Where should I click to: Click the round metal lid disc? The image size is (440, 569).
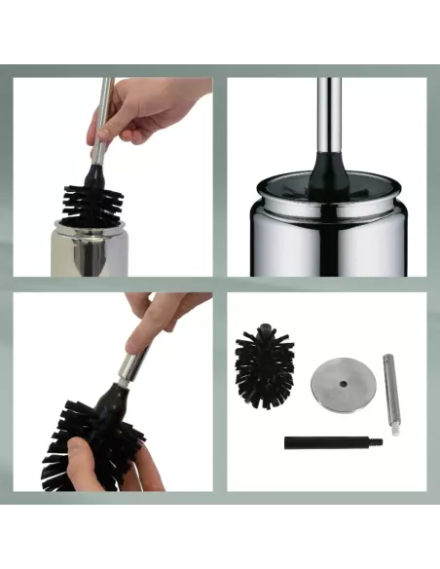337,384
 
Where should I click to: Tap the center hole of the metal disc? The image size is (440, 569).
337,384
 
